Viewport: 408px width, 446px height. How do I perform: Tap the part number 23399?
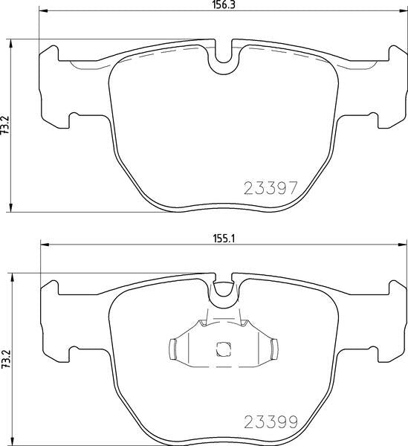271,422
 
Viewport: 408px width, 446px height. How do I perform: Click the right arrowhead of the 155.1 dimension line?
403,245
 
